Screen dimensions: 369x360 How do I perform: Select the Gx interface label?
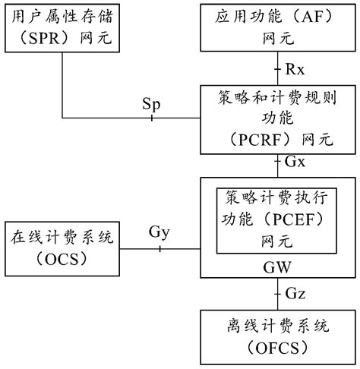295,162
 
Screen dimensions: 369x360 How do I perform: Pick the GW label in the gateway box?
276,268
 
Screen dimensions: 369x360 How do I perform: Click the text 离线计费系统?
276,327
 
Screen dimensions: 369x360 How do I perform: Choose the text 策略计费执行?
276,198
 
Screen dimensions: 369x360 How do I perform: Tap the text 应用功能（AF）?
276,15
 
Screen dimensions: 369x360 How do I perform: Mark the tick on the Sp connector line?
152,118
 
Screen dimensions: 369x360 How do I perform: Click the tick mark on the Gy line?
159,248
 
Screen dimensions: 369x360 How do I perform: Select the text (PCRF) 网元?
276,140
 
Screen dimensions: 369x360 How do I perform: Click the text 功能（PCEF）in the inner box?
276,219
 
